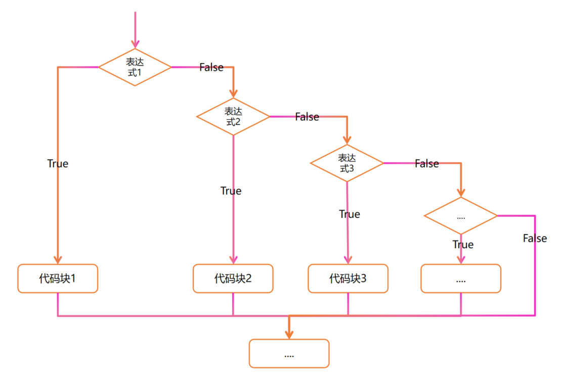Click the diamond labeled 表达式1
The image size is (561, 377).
[135, 67]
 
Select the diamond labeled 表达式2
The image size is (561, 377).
[233, 116]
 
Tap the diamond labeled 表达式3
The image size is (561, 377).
[347, 163]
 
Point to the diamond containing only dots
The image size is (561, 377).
[461, 216]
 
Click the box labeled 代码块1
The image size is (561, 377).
[58, 278]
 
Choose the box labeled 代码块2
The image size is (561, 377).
[233, 278]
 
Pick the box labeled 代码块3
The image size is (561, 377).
[348, 278]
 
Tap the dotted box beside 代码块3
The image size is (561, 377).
[461, 278]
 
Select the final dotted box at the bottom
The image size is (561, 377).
[289, 353]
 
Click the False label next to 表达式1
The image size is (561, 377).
[211, 68]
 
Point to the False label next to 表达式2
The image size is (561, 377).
[307, 117]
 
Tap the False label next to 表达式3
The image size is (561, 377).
[427, 164]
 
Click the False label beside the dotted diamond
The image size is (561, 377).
[535, 239]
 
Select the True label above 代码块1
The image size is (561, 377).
[58, 164]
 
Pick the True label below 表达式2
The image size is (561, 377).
[231, 191]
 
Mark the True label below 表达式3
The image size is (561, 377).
[350, 214]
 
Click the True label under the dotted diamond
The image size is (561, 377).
[463, 245]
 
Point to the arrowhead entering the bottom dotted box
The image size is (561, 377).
[289, 334]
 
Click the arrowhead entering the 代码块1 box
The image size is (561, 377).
[58, 258]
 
